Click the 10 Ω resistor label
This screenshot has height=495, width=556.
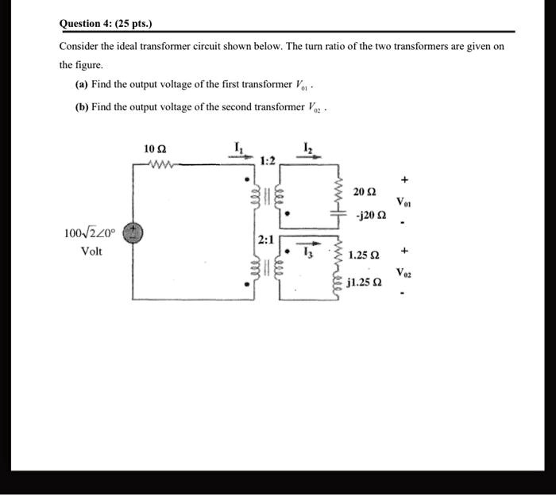click(156, 149)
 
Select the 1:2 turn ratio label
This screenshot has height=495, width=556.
click(268, 161)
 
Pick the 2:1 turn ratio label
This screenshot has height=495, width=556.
click(265, 239)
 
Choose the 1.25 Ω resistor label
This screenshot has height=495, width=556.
click(364, 255)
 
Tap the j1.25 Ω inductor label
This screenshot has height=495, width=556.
click(365, 282)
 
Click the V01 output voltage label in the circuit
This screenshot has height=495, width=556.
click(405, 202)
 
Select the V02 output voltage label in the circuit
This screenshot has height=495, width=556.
click(405, 274)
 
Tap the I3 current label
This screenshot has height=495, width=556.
click(312, 255)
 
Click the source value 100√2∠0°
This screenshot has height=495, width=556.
click(90, 234)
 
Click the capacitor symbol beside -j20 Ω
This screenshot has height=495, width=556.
click(341, 215)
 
